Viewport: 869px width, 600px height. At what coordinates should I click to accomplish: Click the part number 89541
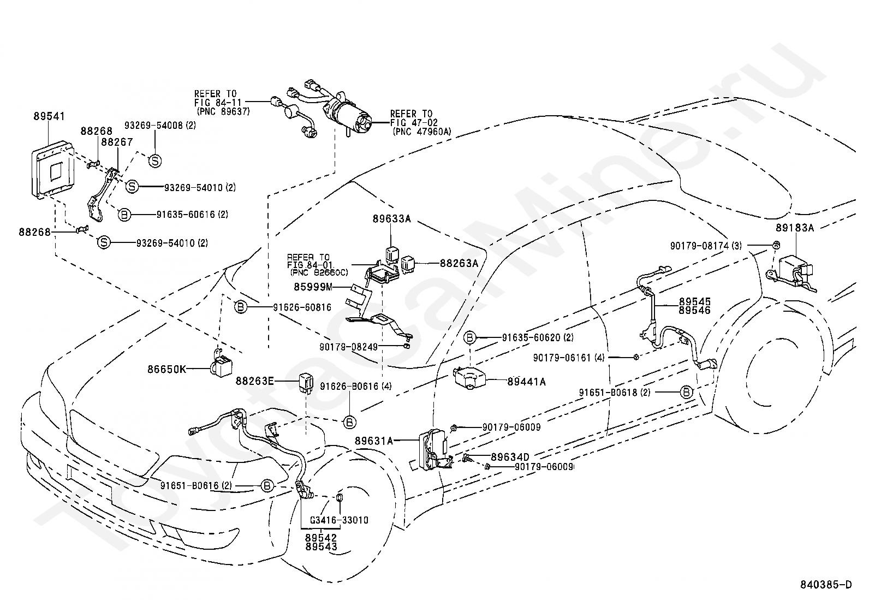49,116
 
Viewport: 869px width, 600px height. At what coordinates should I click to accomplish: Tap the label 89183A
794,228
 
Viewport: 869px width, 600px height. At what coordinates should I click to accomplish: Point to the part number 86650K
166,369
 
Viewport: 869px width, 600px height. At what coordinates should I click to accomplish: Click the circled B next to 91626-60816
240,307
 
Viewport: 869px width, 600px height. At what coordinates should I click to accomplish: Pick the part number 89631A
373,440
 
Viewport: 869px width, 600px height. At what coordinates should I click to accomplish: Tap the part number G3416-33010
339,520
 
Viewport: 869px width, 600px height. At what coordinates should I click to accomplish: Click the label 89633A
391,219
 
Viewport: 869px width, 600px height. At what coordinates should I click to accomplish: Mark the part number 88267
117,142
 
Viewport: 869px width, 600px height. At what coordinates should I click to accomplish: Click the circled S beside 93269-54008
155,161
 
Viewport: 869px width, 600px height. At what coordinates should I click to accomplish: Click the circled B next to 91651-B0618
686,392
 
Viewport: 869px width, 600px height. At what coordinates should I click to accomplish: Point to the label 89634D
510,456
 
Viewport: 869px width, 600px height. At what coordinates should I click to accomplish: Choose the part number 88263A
459,263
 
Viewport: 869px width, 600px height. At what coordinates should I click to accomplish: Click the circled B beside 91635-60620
470,338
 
